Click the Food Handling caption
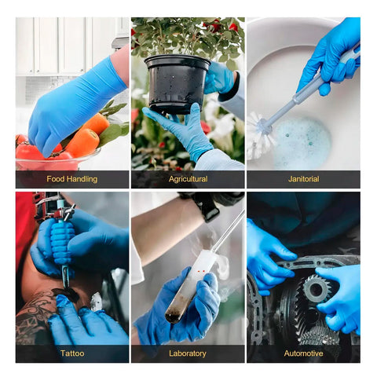pos(71,179)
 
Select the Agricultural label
pos(188,179)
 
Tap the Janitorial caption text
pos(303,179)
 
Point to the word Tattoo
pos(71,353)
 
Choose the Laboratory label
pos(188,353)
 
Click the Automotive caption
pos(303,353)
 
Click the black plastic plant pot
pos(178,82)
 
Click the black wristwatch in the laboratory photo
pos(208,207)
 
